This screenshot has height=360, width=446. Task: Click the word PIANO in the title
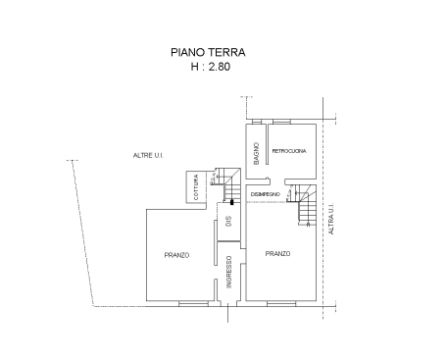(188, 52)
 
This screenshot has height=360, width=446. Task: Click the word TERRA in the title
(227, 52)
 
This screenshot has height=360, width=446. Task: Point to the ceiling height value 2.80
(220, 67)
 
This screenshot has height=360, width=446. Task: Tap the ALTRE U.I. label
(148, 156)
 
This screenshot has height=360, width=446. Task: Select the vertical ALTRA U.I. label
(331, 219)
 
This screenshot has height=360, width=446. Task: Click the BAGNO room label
(257, 153)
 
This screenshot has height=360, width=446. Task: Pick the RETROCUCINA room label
(289, 151)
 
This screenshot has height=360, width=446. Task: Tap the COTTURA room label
(196, 187)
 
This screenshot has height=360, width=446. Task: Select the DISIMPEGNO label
(266, 194)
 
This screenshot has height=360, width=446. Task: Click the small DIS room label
(228, 221)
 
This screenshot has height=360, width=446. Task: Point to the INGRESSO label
(229, 272)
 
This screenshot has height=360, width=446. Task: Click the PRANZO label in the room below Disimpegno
(277, 254)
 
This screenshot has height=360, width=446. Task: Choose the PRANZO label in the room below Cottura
(176, 255)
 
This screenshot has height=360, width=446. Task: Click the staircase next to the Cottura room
(226, 184)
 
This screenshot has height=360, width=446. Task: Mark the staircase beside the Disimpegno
(302, 205)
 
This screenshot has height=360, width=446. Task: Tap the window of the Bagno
(257, 122)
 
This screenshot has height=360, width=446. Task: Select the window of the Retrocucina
(281, 122)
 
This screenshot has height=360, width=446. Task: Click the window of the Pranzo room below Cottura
(193, 304)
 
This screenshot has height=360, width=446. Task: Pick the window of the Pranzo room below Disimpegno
(281, 304)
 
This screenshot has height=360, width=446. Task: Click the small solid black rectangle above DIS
(232, 202)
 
